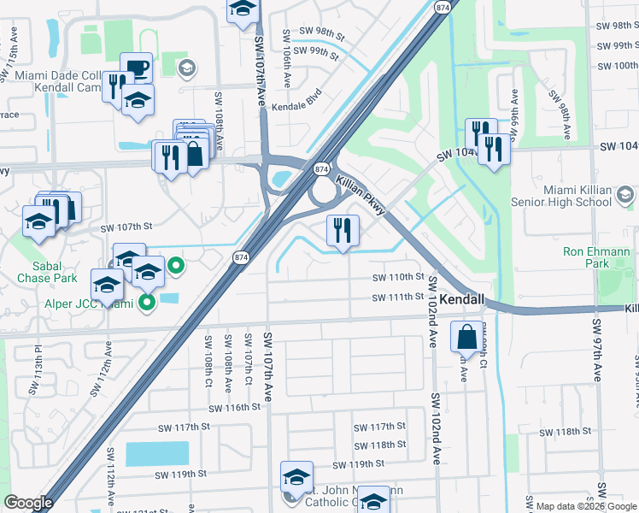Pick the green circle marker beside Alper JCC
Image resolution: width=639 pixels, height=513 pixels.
tap(176, 267)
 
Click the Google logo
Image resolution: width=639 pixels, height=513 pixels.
tap(28, 503)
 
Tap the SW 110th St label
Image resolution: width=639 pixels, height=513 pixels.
tap(398, 278)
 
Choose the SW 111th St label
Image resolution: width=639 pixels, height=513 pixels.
tap(398, 298)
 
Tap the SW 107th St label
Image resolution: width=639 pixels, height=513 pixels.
tap(126, 227)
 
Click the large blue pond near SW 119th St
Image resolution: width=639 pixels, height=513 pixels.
tap(157, 453)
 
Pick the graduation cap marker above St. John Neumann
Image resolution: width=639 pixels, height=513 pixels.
tap(296, 475)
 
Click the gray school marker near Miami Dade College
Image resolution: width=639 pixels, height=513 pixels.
tap(189, 67)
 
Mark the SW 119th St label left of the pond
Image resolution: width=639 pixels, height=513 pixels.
tap(182, 474)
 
